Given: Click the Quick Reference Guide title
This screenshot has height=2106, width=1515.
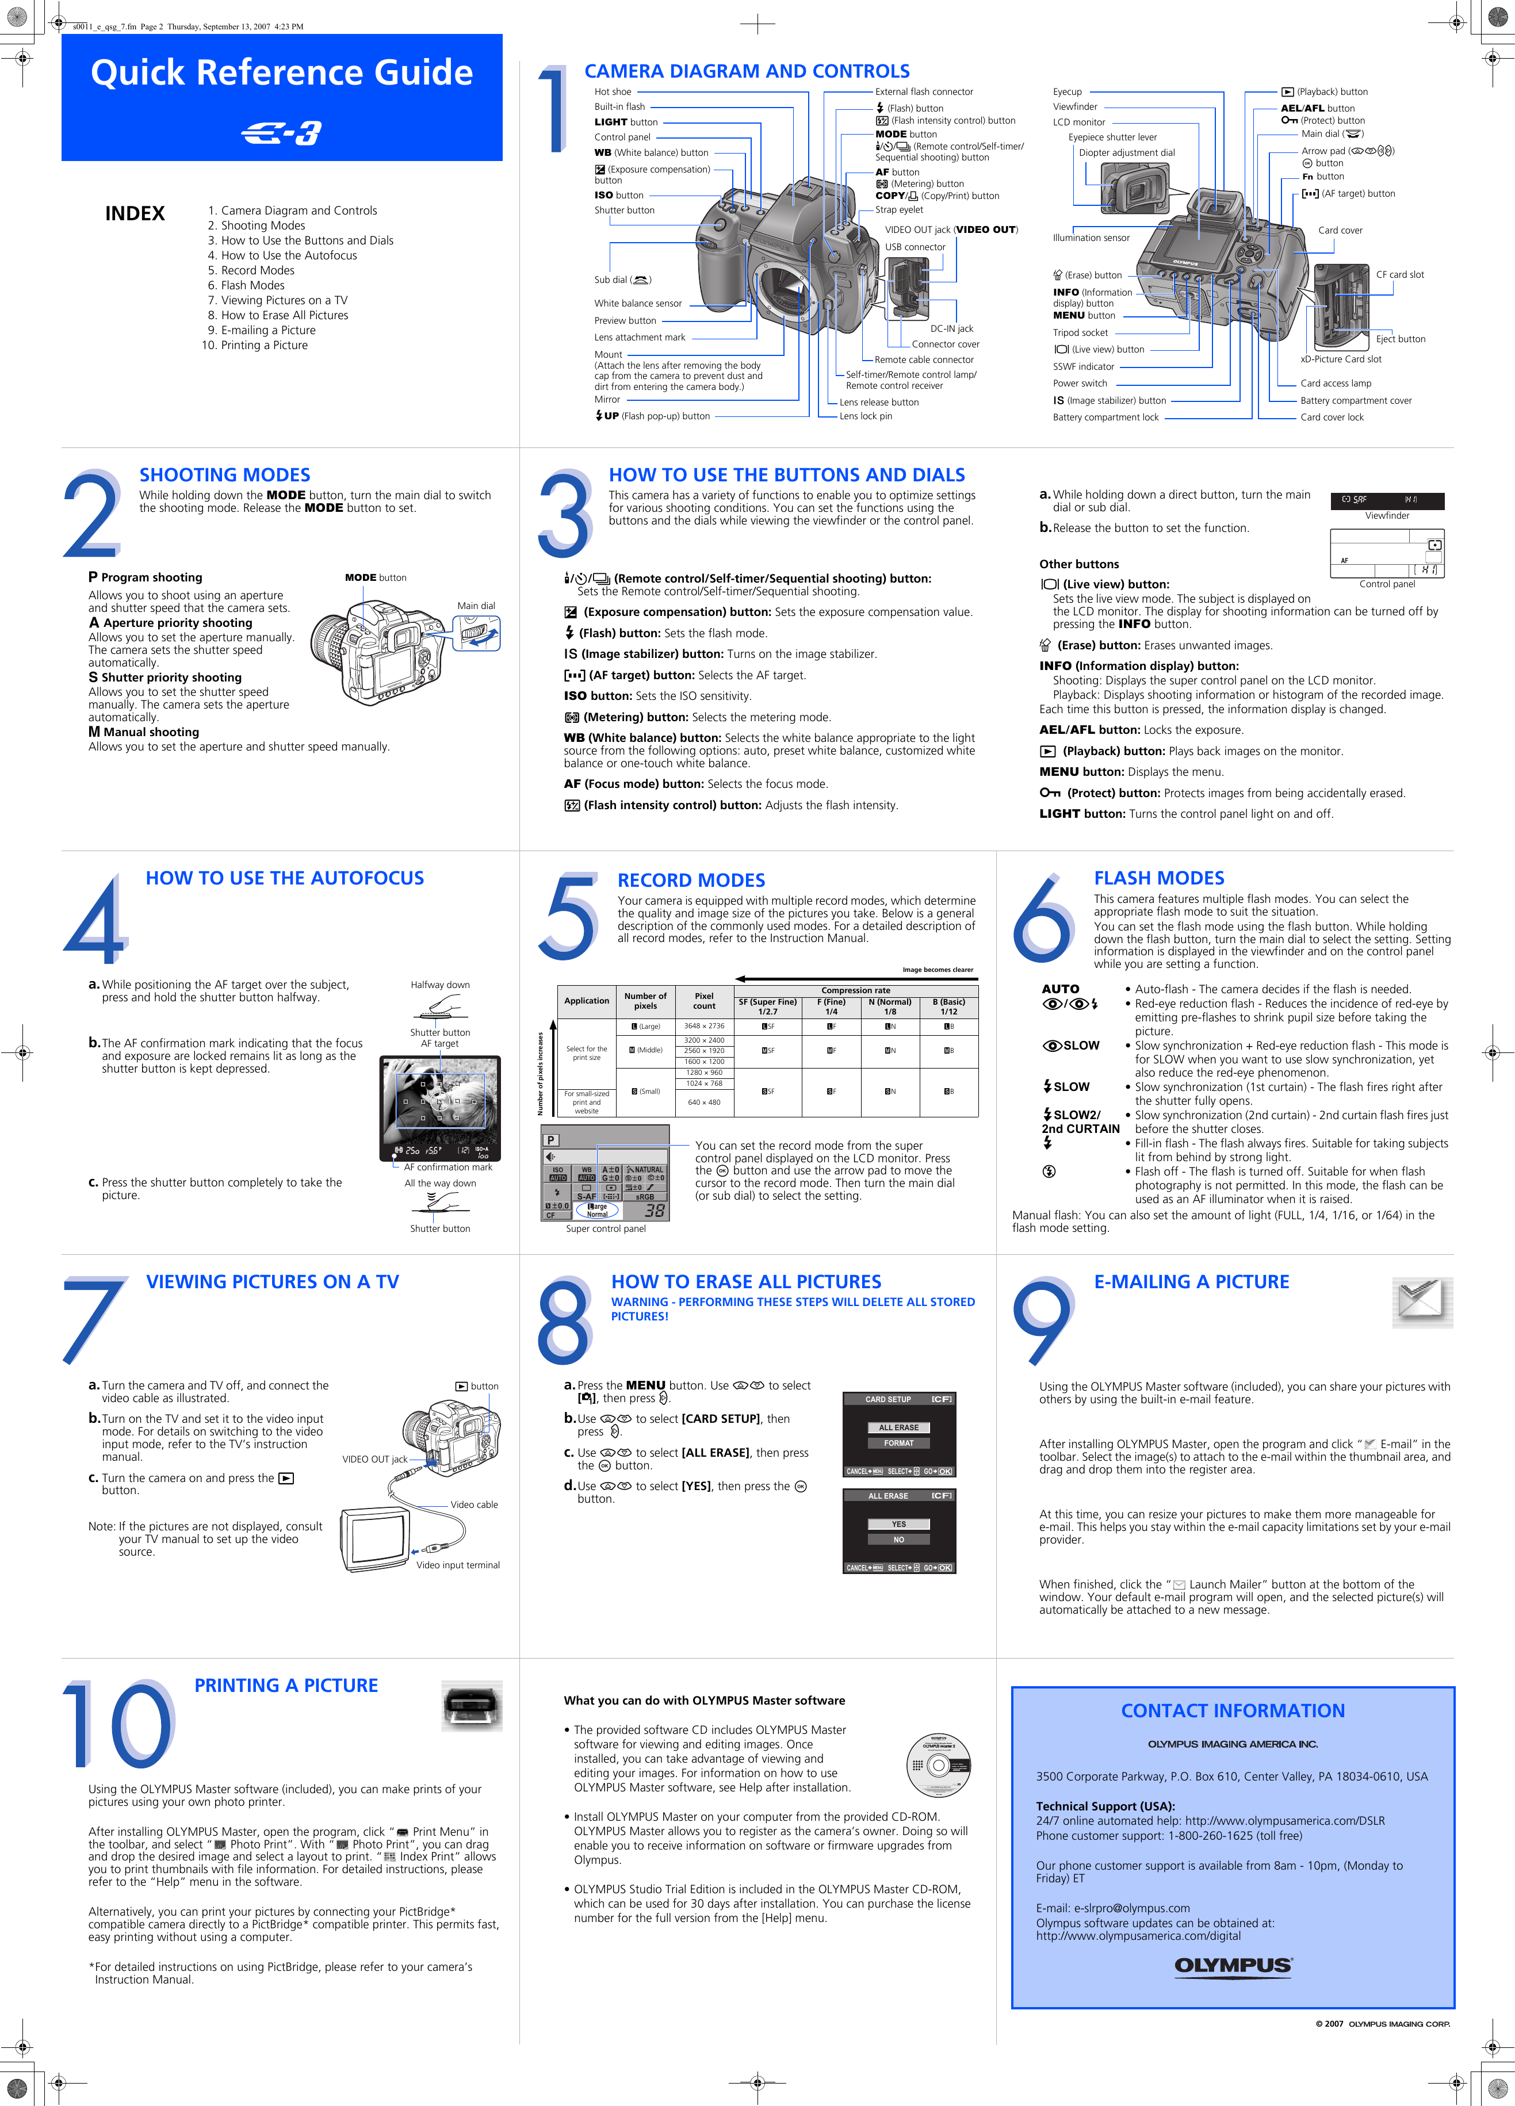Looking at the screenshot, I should (281, 72).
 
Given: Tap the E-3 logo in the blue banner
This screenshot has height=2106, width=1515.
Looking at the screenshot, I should (281, 134).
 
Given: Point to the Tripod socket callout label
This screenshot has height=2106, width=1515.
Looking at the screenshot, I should (1080, 332).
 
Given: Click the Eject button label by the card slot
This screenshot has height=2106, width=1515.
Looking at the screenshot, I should (1400, 339).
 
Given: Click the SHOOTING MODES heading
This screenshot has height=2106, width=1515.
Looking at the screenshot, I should (225, 474).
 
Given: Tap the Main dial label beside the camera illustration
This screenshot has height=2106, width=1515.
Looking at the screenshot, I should (476, 606).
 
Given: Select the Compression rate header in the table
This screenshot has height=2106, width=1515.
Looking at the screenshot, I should (855, 990).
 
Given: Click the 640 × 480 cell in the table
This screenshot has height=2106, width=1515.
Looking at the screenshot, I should (703, 1102).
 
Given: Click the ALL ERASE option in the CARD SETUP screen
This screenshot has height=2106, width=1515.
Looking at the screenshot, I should (898, 1427).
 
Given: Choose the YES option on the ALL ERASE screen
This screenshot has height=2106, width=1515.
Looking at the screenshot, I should (898, 1524).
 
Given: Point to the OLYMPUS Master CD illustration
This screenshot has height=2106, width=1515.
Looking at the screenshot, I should (939, 1765).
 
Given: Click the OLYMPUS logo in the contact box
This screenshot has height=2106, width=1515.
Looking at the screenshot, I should (1233, 1965).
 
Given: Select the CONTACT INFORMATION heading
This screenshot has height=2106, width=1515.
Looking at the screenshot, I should (1233, 1710).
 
